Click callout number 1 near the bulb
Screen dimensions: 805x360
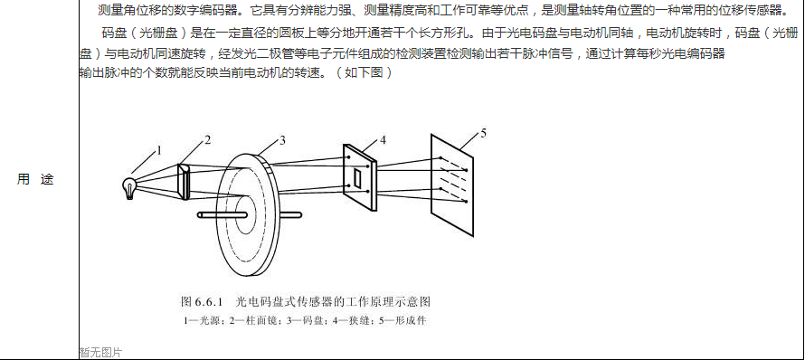(x=159, y=150)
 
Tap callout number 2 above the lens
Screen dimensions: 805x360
(x=207, y=140)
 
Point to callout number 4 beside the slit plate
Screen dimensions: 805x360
(x=383, y=141)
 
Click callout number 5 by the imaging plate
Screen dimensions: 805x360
(x=483, y=134)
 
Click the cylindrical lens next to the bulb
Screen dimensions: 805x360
(x=184, y=181)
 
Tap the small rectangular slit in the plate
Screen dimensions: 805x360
(x=358, y=176)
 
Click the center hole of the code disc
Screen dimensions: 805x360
(x=244, y=213)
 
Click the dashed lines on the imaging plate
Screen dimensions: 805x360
(x=453, y=180)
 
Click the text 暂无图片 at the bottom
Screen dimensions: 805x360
(x=101, y=353)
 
